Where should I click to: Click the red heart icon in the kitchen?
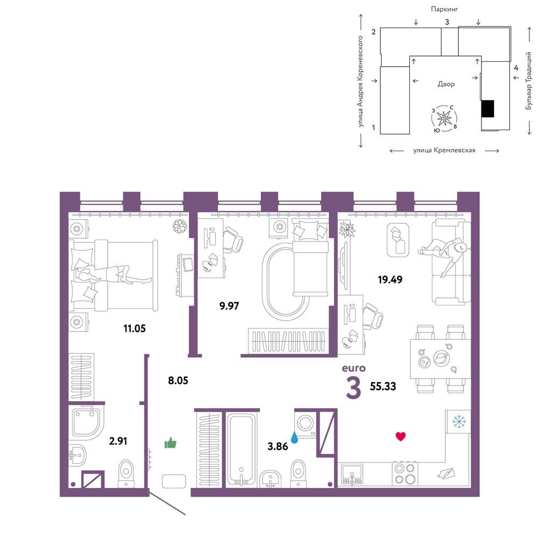pos(400,436)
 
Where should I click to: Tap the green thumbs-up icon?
pos(170,443)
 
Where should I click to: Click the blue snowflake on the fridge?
pos(458,421)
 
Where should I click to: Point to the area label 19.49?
pos(390,280)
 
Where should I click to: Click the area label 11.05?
pos(134,328)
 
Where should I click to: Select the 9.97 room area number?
pos(229,306)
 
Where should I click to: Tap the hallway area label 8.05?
pos(178,380)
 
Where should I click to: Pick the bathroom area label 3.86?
pos(278,446)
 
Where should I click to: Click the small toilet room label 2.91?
pos(118,441)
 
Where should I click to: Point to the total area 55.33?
pos(383,386)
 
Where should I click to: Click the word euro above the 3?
pos(354,368)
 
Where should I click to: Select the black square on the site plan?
pos(487,109)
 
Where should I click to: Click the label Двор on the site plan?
pos(446,84)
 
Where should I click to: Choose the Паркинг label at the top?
pos(444,9)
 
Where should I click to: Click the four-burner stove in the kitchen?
pos(405,473)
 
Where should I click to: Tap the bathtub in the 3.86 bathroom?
pos(242,449)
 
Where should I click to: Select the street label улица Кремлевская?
pos(444,150)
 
